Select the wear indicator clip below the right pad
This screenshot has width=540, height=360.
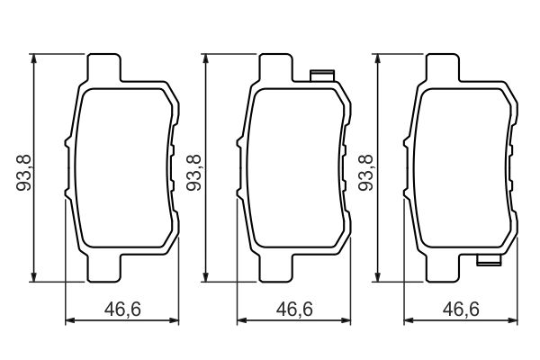[x=488, y=262]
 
